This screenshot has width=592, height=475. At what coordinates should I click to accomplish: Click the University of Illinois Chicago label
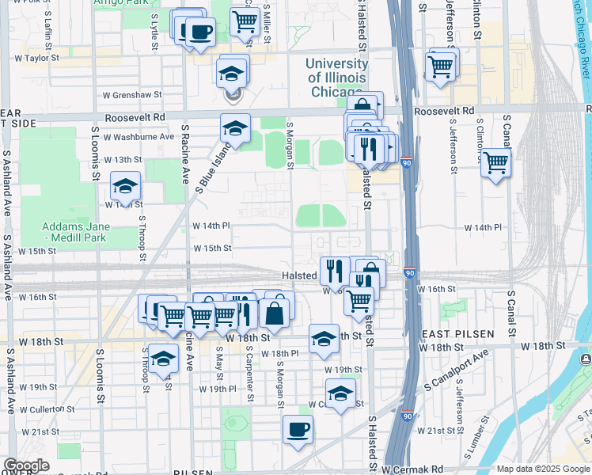pyautogui.click(x=336, y=78)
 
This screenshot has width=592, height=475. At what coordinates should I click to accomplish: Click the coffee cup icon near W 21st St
pyautogui.click(x=298, y=430)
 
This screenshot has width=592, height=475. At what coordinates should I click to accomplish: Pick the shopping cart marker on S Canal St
pyautogui.click(x=495, y=162)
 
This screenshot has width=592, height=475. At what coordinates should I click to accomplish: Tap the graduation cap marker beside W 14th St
pyautogui.click(x=125, y=187)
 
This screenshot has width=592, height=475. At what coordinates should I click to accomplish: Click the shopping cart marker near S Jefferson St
pyautogui.click(x=440, y=66)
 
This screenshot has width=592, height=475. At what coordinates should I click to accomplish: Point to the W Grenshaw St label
pyautogui.click(x=132, y=94)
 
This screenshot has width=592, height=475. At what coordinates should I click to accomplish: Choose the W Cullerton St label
pyautogui.click(x=47, y=409)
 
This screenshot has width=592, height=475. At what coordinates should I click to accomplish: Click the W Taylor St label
pyautogui.click(x=37, y=58)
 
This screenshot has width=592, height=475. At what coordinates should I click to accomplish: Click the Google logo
pyautogui.click(x=27, y=465)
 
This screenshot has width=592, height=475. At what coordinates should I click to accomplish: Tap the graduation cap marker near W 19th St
pyautogui.click(x=340, y=393)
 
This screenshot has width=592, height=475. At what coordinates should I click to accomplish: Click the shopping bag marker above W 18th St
pyautogui.click(x=274, y=313)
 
